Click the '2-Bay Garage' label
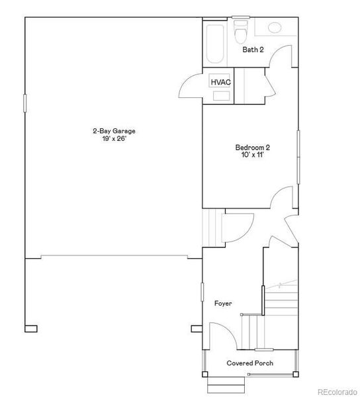[x=114, y=131]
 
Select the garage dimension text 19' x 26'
[x=114, y=139]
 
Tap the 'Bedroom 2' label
[x=252, y=148]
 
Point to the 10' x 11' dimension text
[x=252, y=155]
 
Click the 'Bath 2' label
[x=253, y=50]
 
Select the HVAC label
[x=220, y=82]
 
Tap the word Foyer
[x=223, y=303]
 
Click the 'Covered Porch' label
[x=249, y=363]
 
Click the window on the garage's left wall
[x=25, y=103]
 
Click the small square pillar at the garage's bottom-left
[x=31, y=328]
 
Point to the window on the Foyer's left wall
[x=202, y=292]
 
